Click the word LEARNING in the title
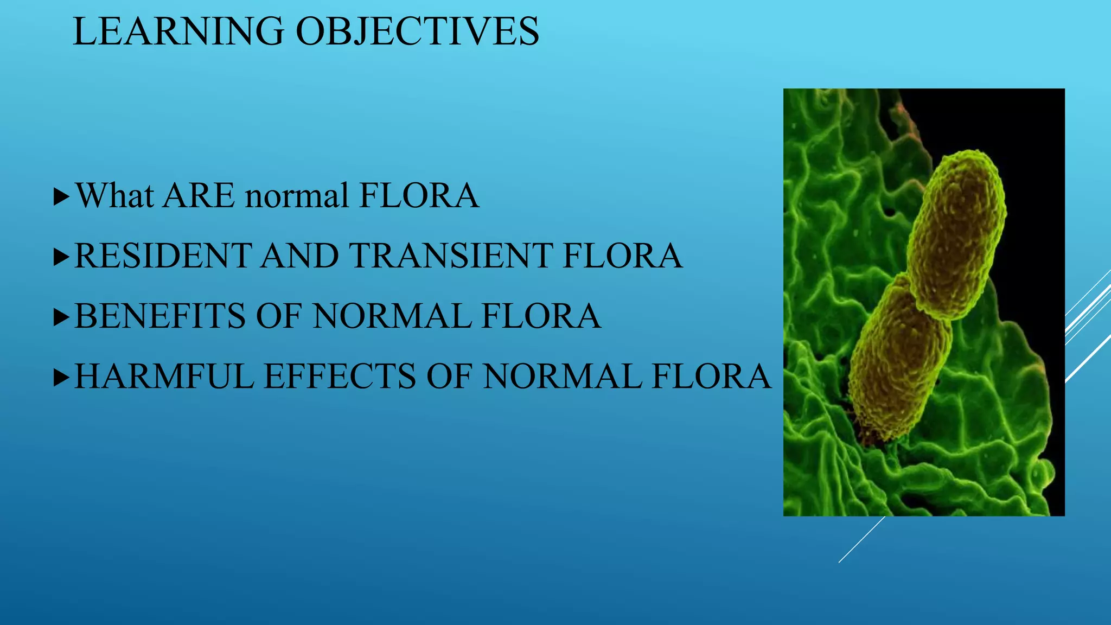point(178,31)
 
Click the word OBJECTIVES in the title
point(417,31)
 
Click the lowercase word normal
point(297,196)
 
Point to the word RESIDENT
point(163,256)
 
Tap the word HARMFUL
point(164,376)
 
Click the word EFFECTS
point(340,376)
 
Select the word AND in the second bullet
point(300,256)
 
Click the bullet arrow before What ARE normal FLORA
point(62,197)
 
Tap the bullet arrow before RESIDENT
point(62,257)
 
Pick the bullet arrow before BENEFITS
point(62,317)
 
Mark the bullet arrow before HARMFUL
point(62,378)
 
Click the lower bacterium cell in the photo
point(898,361)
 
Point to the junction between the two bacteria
point(929,304)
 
